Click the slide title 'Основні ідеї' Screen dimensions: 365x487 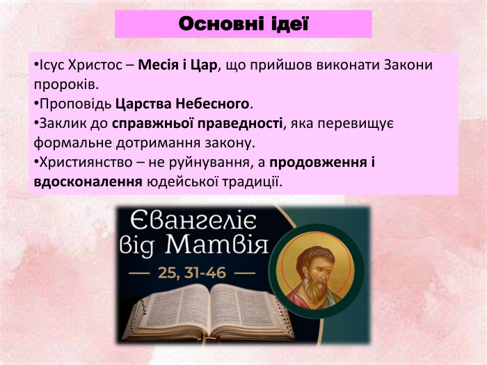(243, 24)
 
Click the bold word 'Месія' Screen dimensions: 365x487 (157, 66)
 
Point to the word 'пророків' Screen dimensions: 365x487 (64, 86)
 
